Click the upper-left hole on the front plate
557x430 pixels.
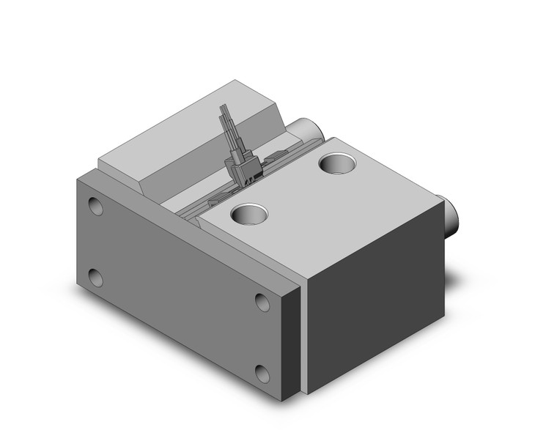(95, 206)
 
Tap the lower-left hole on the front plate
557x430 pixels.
(95, 278)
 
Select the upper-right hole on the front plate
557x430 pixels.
(262, 301)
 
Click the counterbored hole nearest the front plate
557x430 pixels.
(248, 215)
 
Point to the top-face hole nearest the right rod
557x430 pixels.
(338, 163)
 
